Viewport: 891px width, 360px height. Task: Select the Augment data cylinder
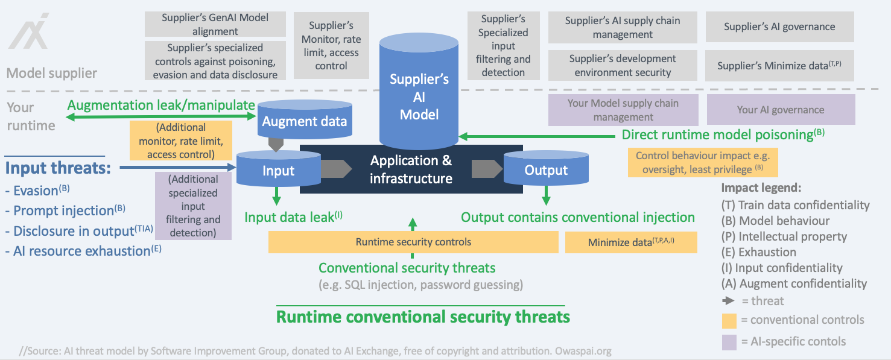tap(304, 121)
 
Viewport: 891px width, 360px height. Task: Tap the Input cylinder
tap(278, 170)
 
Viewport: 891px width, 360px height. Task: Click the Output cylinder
tap(545, 170)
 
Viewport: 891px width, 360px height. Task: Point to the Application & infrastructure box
tap(410, 169)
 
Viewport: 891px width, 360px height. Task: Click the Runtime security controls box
tap(413, 242)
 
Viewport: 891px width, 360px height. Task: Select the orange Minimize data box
tap(631, 242)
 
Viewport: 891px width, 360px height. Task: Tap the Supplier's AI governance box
tap(779, 27)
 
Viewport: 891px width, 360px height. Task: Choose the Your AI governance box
tap(780, 110)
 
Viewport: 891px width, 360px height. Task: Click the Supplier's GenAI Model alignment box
tap(215, 24)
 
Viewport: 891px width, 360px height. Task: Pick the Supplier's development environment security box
tap(622, 65)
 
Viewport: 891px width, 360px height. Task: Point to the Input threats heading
tap(58, 167)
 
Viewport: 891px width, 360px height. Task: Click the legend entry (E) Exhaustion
tap(758, 252)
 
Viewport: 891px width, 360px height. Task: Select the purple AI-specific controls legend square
tap(729, 342)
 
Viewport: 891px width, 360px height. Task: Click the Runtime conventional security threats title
tap(422, 316)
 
